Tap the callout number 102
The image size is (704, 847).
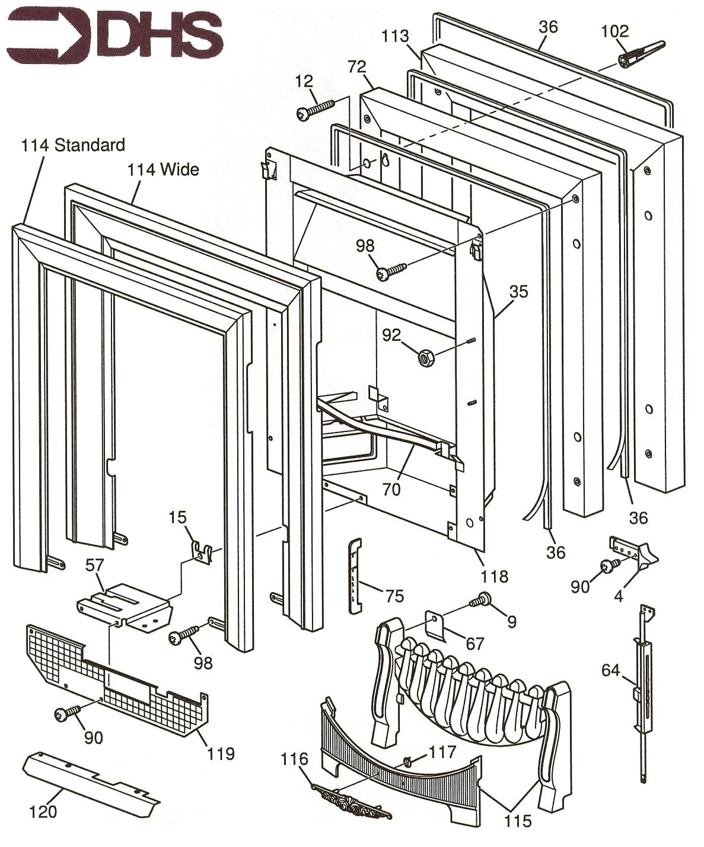(x=614, y=30)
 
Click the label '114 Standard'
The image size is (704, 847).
(x=73, y=145)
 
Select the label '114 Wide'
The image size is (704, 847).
(x=163, y=170)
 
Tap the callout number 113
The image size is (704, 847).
(x=395, y=36)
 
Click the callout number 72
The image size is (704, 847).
(x=357, y=68)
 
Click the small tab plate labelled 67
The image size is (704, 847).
(x=438, y=626)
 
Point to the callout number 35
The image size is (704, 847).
(x=518, y=292)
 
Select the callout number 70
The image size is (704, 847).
(x=391, y=489)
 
